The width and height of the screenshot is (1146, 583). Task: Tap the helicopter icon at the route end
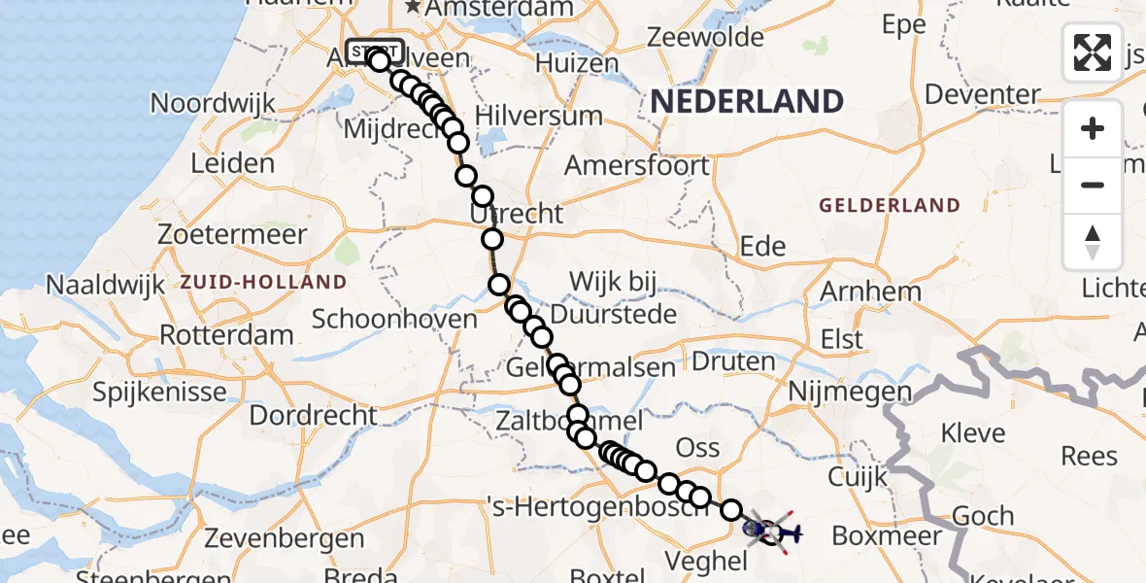pyautogui.click(x=783, y=532)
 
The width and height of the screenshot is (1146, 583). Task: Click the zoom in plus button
pyautogui.click(x=1093, y=128)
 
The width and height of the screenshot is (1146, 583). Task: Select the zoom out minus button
pyautogui.click(x=1093, y=185)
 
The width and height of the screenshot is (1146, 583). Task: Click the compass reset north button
pyautogui.click(x=1093, y=241)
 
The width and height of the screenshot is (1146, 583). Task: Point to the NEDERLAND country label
pyautogui.click(x=746, y=101)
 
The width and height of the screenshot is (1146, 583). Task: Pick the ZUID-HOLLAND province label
pyautogui.click(x=263, y=283)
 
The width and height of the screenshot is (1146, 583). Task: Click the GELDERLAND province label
pyautogui.click(x=890, y=206)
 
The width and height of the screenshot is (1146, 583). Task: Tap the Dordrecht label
pyautogui.click(x=314, y=415)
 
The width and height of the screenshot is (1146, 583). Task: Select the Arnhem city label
pyautogui.click(x=870, y=291)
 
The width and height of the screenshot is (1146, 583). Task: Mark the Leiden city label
pyautogui.click(x=232, y=163)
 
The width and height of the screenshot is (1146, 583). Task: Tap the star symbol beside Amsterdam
pyautogui.click(x=415, y=8)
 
